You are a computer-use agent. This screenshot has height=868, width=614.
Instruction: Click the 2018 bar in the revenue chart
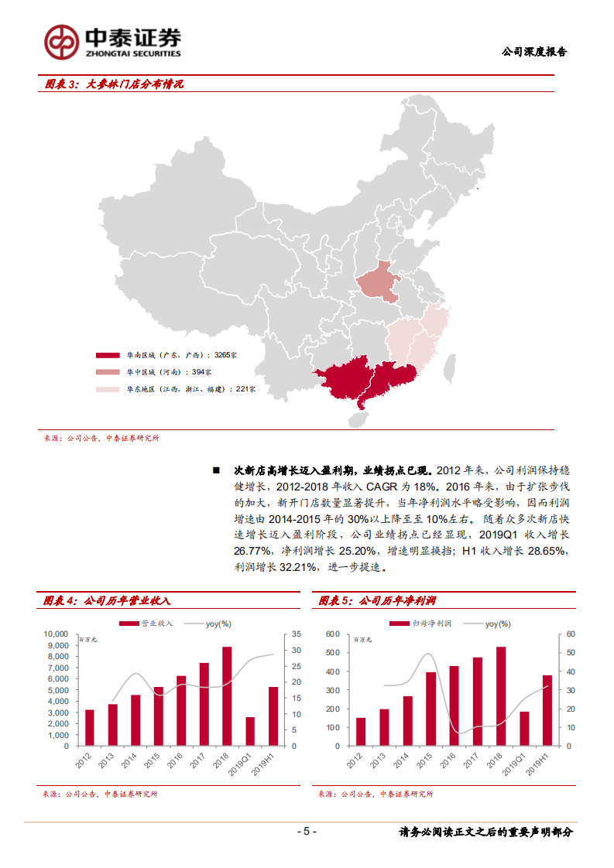[x=227, y=696]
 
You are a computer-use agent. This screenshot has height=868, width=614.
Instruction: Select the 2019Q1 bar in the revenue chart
[x=249, y=731]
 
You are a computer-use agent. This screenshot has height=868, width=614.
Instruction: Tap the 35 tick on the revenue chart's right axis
[x=297, y=634]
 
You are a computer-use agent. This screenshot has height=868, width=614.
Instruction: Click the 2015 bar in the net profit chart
[x=430, y=709]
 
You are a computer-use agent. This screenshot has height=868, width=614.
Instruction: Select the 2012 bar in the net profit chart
[x=361, y=732]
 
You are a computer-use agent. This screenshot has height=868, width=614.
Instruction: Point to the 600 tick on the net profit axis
[x=333, y=634]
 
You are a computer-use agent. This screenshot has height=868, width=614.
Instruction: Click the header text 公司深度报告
[x=534, y=52]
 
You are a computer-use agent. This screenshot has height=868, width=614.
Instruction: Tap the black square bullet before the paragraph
[x=217, y=470]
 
